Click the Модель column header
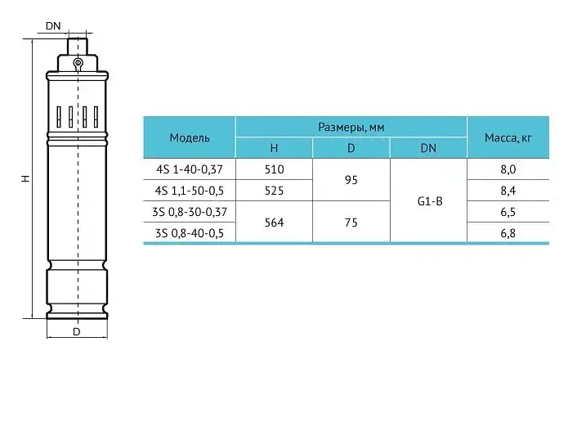click(190, 137)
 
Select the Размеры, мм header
click(351, 128)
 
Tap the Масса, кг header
click(508, 137)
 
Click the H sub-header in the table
click(274, 148)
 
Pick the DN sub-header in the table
click(428, 148)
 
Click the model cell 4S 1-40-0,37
click(190, 169)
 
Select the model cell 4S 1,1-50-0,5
click(190, 191)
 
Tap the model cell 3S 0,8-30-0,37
click(190, 212)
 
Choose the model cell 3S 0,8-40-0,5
click(190, 233)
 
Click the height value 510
click(275, 169)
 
